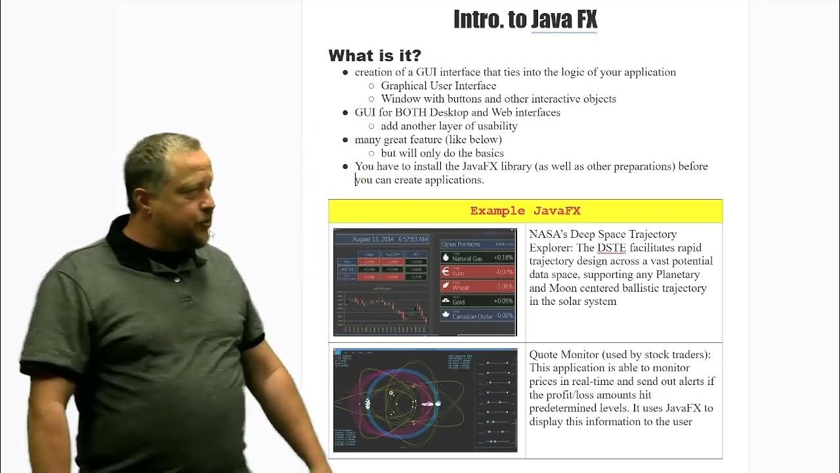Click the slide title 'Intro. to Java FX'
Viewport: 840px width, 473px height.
tap(525, 20)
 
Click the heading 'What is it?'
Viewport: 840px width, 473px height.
tap(375, 55)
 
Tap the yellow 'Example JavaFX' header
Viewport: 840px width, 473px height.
tap(525, 211)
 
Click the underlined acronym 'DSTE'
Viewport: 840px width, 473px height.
tap(611, 248)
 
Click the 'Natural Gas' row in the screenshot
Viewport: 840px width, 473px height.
tap(477, 258)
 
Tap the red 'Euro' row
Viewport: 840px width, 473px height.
tap(477, 272)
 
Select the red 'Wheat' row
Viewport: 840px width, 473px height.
tap(477, 286)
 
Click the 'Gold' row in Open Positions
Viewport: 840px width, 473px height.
tap(477, 301)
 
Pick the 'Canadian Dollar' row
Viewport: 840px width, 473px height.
tap(477, 316)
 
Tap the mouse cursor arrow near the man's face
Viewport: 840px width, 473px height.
tap(211, 234)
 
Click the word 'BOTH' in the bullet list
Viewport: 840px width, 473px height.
tap(411, 112)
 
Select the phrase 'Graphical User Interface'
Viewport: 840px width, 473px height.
tap(438, 85)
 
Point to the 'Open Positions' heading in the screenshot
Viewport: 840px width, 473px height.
tap(461, 244)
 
